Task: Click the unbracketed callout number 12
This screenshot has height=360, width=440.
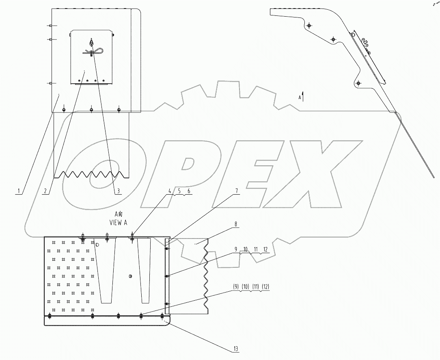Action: (x=265, y=249)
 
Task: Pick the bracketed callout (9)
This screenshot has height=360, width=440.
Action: (x=236, y=286)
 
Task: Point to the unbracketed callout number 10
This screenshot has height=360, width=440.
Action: (x=245, y=249)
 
